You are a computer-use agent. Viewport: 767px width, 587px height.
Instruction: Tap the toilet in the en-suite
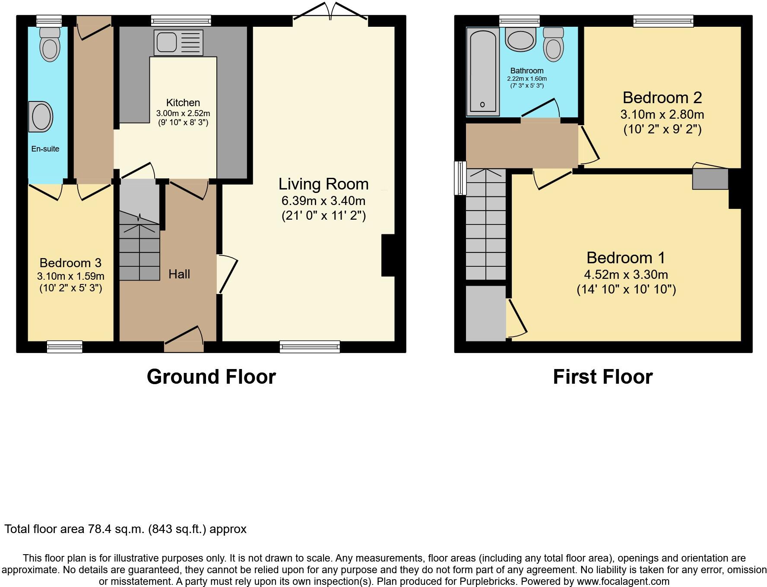[x=50, y=44]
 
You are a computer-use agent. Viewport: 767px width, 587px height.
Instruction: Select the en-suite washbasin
[x=41, y=117]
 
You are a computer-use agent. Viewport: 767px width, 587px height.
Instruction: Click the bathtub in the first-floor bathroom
[x=482, y=71]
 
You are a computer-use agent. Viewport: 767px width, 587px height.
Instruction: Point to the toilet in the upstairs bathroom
[x=553, y=44]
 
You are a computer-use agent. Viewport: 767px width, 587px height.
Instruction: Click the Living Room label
[x=323, y=184]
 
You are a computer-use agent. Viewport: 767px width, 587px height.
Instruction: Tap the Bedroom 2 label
[x=662, y=98]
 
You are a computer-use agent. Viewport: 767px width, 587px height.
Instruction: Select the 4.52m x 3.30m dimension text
[x=626, y=275]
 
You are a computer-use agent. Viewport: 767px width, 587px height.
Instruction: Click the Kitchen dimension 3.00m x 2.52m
[x=183, y=114]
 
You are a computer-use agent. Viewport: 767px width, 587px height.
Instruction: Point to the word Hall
[x=179, y=274]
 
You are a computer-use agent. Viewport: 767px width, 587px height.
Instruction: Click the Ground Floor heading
[x=211, y=377]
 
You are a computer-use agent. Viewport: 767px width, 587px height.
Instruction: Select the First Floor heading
[x=602, y=377]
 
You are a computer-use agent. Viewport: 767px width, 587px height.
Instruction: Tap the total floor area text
[x=125, y=529]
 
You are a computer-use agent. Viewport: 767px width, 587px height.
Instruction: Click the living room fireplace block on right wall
[x=388, y=255]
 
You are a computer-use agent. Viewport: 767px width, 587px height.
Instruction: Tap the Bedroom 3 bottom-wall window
[x=64, y=347]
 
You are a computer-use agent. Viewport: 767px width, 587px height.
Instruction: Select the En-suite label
[x=45, y=149]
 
